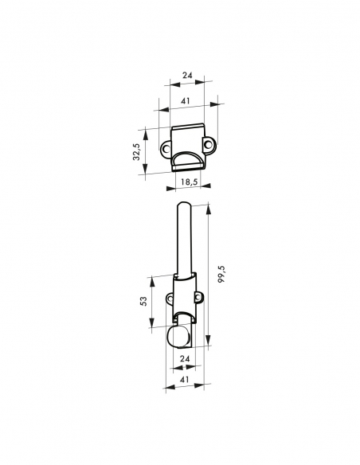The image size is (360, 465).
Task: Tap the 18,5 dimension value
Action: (x=188, y=182)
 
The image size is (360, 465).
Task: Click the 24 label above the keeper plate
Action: (x=187, y=76)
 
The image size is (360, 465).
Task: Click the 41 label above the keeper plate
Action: (x=185, y=101)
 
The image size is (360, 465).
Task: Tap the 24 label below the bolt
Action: (x=184, y=359)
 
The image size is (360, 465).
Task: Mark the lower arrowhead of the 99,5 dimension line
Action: (x=209, y=346)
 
